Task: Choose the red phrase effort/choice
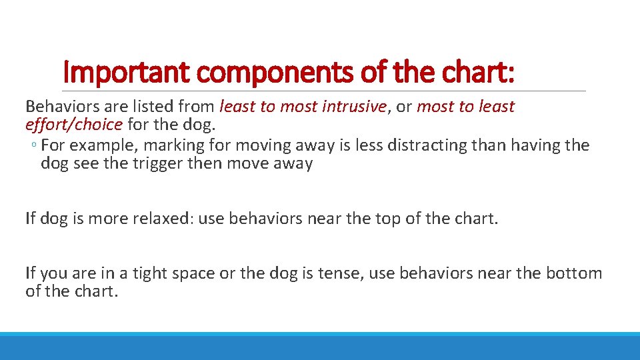point(73,124)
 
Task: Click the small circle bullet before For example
point(33,146)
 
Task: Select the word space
point(194,273)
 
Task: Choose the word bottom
point(573,273)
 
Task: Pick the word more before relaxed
point(105,218)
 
